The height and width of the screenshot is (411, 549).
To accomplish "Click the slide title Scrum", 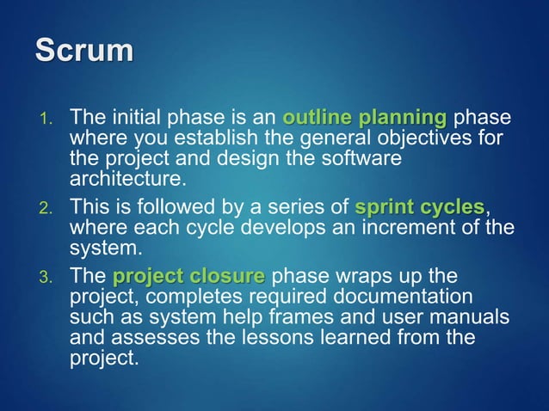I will point(83,49).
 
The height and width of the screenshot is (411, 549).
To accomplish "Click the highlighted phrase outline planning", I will point(365,116).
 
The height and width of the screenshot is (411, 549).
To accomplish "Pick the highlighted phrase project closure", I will point(188,277).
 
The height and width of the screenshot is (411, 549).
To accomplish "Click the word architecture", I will point(126,179).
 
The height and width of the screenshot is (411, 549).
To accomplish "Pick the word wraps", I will point(351,277).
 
